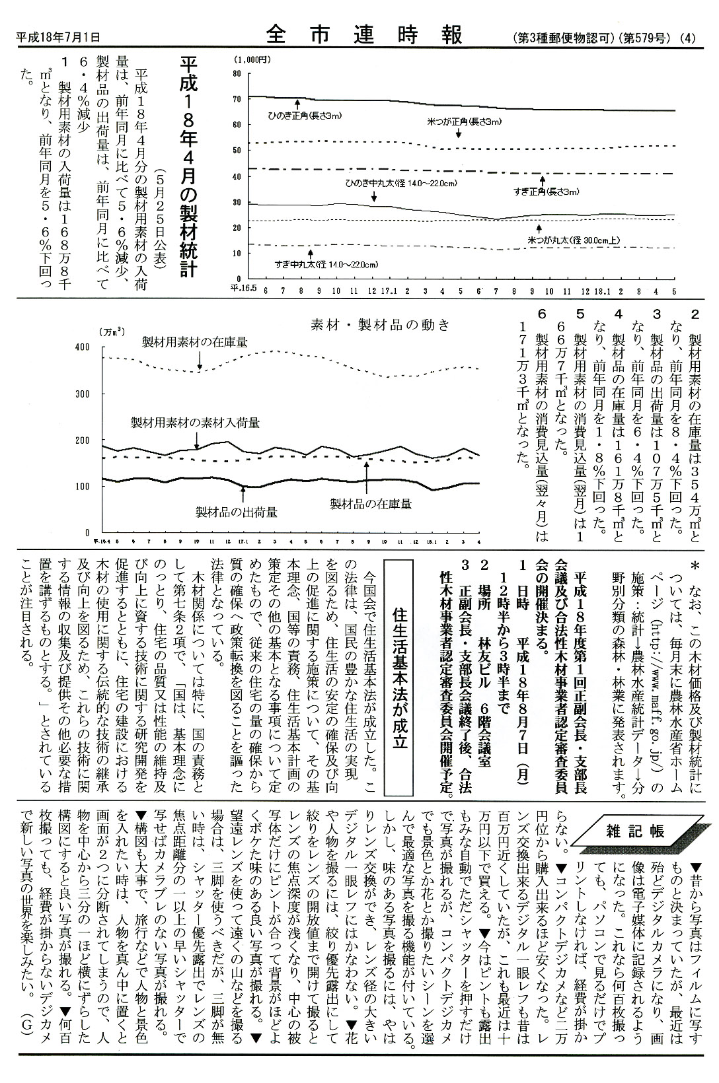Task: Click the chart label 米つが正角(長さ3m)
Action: click(465, 122)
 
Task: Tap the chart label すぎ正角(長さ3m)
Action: click(546, 192)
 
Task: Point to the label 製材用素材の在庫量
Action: click(195, 341)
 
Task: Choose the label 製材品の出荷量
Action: click(236, 511)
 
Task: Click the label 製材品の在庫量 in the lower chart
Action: click(371, 504)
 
